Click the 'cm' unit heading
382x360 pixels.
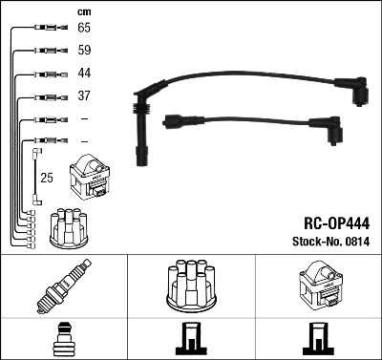(84, 11)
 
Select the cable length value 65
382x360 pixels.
(85, 29)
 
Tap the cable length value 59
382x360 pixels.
(85, 51)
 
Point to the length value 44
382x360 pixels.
(85, 74)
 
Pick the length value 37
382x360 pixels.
(85, 96)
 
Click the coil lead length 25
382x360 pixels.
(47, 178)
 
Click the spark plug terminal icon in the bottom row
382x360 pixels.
(64, 340)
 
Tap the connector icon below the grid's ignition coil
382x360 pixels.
(318, 340)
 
